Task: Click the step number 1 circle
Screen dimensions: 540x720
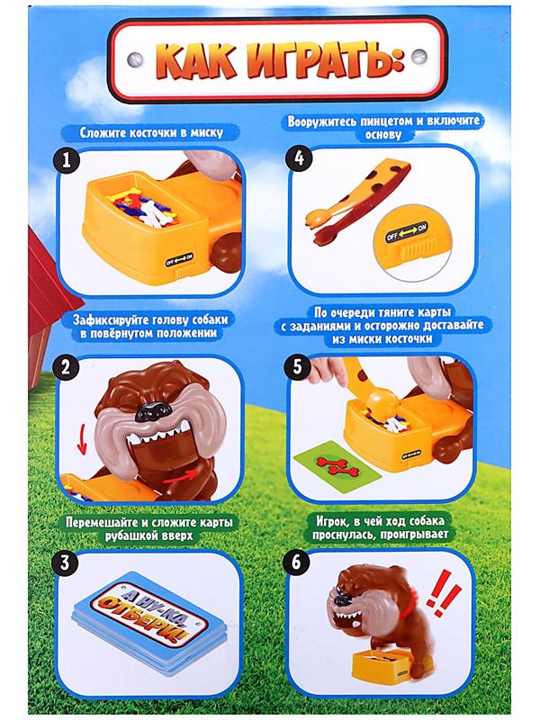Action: [67, 161]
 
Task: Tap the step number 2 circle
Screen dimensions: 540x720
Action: [66, 367]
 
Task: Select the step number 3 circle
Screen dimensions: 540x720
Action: [64, 562]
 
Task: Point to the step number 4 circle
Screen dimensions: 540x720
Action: [299, 158]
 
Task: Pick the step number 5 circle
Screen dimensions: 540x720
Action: [299, 367]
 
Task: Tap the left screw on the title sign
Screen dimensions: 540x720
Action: [135, 59]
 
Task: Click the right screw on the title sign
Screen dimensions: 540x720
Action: [419, 57]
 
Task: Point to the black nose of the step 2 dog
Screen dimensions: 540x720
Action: [150, 411]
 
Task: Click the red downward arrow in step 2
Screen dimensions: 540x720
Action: [82, 439]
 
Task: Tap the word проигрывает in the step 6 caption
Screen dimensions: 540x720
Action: [416, 535]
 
